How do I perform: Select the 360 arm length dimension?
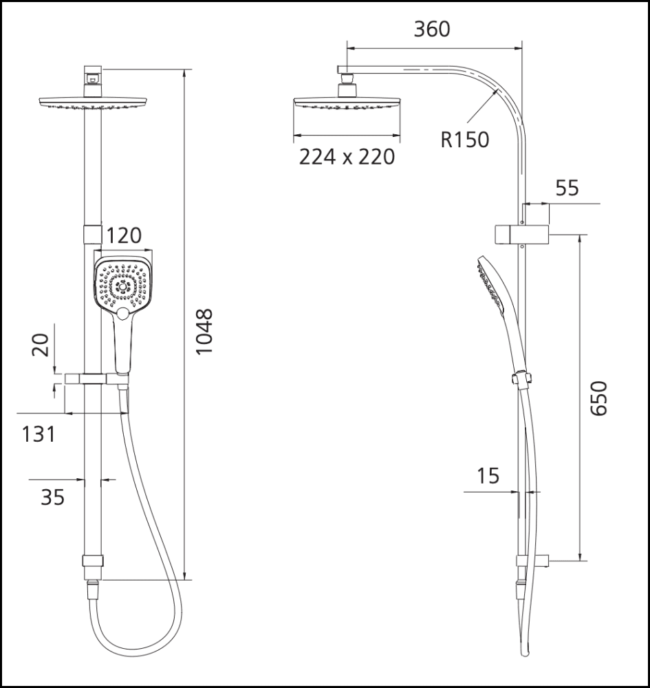pos(431,29)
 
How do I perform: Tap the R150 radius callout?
pos(465,140)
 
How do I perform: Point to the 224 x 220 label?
pos(347,157)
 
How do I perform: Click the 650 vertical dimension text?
pos(600,398)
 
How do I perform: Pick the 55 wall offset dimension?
pos(567,187)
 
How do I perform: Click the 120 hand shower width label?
pos(124,235)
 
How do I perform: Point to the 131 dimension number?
pos(37,435)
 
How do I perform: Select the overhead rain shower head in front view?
pos(93,104)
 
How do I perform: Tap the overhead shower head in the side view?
pos(347,104)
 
